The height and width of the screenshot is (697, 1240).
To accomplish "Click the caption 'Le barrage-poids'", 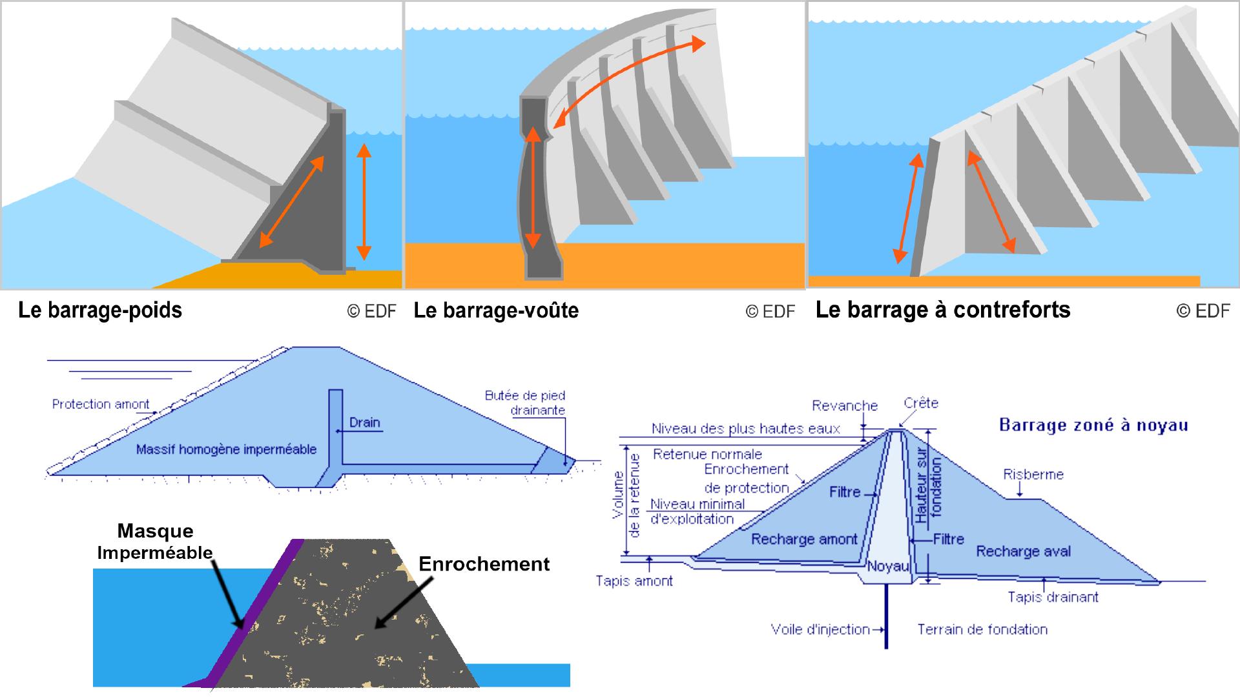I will tap(100, 310).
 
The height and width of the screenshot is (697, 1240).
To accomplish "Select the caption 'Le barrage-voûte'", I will tap(496, 310).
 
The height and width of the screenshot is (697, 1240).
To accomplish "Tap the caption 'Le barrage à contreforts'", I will tap(943, 310).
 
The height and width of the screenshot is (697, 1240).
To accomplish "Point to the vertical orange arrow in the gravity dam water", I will tap(364, 200).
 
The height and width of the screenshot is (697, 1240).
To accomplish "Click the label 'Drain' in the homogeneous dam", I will tap(364, 423).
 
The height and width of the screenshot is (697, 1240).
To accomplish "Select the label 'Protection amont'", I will tap(100, 404).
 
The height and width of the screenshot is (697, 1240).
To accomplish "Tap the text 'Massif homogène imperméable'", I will tap(226, 449).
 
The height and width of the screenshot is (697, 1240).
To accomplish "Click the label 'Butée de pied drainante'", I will tap(524, 403).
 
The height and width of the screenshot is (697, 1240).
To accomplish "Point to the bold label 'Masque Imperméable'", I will tap(155, 541).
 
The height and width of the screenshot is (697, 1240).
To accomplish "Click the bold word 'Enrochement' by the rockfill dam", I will tap(484, 564).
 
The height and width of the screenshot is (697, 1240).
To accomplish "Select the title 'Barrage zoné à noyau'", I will tap(1093, 425).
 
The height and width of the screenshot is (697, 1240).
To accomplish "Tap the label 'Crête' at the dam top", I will tap(920, 403).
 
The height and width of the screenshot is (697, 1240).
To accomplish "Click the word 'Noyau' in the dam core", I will tap(888, 567).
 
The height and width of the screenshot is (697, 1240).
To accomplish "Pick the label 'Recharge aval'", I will tap(1023, 551).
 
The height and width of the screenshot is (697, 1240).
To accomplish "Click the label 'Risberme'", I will tap(1033, 474).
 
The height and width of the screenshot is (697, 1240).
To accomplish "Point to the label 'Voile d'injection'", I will tap(820, 629).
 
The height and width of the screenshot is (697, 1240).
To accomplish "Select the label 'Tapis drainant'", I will tap(1053, 597).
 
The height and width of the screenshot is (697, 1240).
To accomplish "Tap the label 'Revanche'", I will tap(845, 405).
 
